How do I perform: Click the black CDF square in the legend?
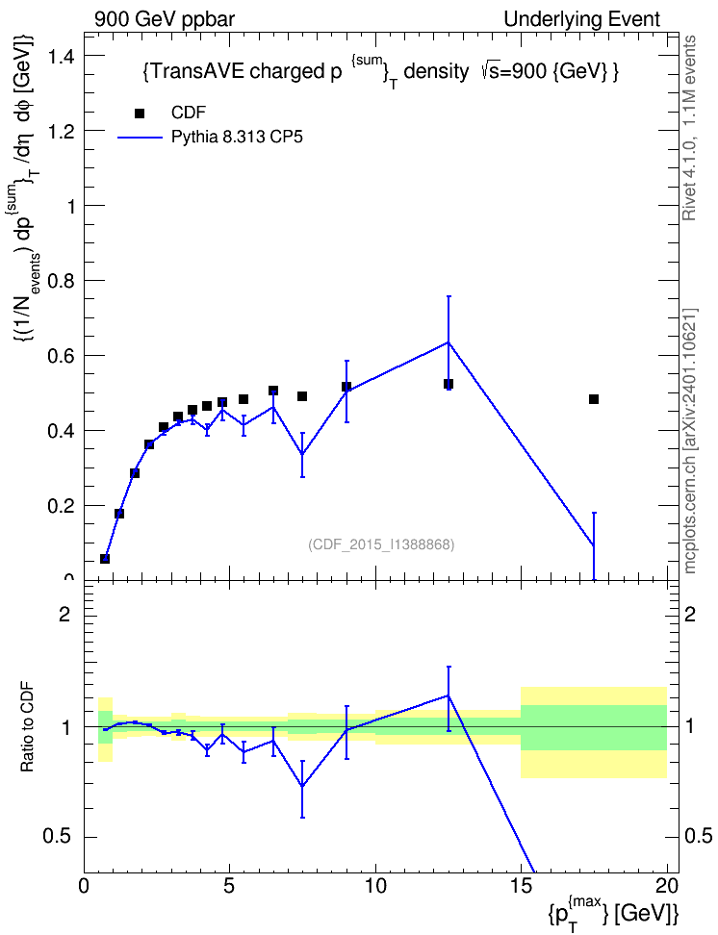coord(139,114)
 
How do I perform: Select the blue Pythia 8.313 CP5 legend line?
coord(140,138)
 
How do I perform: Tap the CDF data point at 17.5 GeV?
coord(593,399)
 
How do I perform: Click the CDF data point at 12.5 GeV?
coord(449,384)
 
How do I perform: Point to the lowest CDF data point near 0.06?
coord(105,559)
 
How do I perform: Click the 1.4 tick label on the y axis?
coord(61,57)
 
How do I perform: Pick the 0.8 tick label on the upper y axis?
coord(61,281)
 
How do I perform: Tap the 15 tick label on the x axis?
coord(521,886)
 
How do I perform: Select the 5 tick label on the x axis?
coord(230,886)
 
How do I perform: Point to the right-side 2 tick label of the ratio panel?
coord(690,614)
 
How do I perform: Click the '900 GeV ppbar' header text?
coord(165,19)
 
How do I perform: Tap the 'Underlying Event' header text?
coord(582,19)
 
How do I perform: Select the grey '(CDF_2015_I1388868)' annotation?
coord(381,544)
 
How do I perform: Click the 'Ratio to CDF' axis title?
coord(27,727)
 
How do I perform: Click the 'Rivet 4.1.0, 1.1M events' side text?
coord(689,128)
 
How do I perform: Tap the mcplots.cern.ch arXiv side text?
coord(689,442)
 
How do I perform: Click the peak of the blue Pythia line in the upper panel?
coord(449,342)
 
